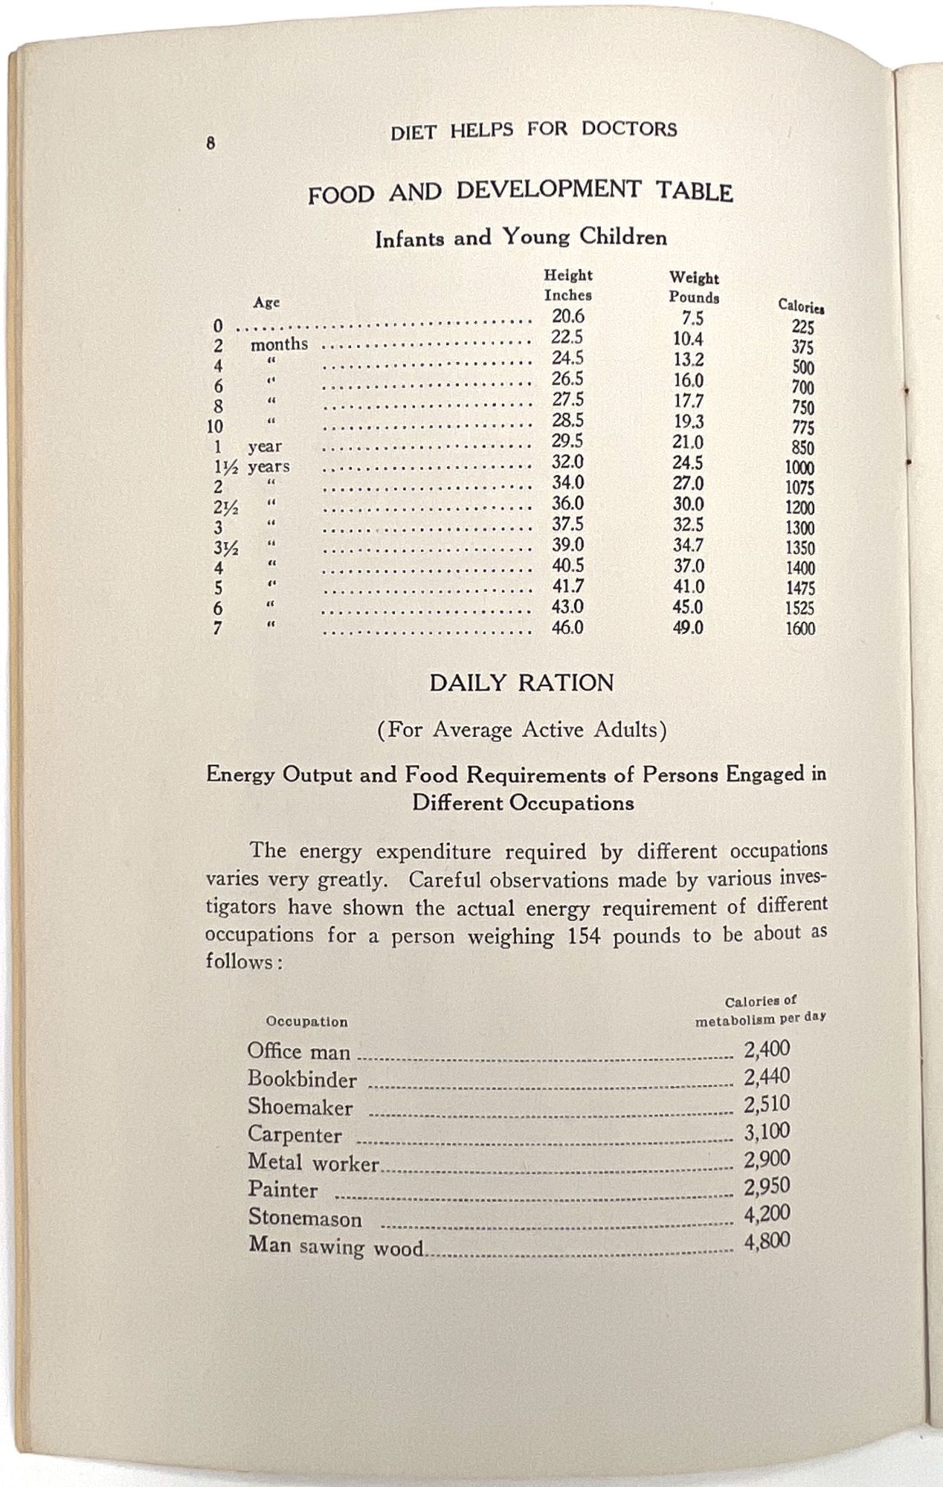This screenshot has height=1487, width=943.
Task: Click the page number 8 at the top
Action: point(211,143)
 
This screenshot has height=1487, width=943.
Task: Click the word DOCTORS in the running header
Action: point(629,129)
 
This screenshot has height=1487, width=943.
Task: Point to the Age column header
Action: point(266,303)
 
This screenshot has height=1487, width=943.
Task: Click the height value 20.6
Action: point(567,317)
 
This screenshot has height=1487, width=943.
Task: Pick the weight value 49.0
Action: point(688,628)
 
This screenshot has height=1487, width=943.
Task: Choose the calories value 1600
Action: point(800,629)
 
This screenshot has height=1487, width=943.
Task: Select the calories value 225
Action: point(802,327)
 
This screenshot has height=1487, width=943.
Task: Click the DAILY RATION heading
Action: point(521,683)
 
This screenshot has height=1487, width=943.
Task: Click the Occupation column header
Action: point(306,1022)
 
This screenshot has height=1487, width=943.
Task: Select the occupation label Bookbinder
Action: point(302,1080)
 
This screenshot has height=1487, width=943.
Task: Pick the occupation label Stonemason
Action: point(305,1219)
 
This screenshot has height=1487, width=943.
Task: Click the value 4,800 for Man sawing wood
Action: point(767,1242)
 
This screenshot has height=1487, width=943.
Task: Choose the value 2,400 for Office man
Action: point(767,1049)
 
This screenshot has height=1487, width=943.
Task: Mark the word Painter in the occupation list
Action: point(283,1190)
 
